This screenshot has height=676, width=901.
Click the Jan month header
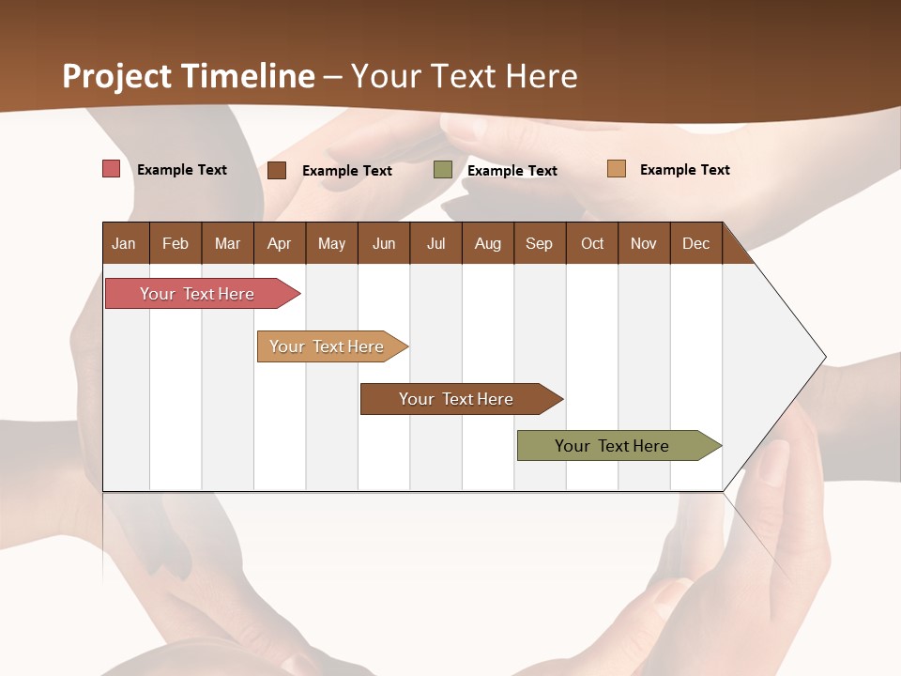coord(124,243)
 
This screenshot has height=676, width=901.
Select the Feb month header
coord(176,243)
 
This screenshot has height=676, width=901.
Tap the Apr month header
coord(279,243)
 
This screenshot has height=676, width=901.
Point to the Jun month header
coord(384,243)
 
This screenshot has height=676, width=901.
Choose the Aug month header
coord(487,243)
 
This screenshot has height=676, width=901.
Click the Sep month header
coord(539,243)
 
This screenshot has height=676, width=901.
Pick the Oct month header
coord(592,243)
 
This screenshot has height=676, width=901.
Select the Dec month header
coord(695,243)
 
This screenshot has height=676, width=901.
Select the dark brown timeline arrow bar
coord(457,399)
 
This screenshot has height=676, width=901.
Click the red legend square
coord(112,169)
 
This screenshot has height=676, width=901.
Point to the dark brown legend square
coord(277,170)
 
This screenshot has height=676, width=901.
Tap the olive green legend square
coord(443,170)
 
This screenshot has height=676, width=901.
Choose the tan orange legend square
coord(617,169)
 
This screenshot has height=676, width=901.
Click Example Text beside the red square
coord(182,170)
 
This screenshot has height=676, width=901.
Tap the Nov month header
coord(644,243)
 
